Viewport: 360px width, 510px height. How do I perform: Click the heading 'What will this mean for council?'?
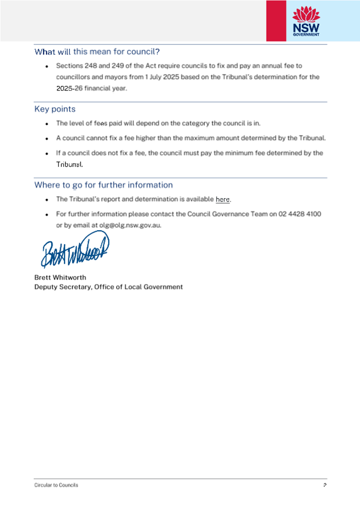[97, 52]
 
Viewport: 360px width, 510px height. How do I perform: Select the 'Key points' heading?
[55, 109]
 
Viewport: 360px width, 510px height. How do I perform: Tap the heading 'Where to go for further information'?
[103, 185]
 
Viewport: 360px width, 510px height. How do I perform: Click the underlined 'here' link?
[222, 199]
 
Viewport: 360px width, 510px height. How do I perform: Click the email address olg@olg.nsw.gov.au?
[130, 225]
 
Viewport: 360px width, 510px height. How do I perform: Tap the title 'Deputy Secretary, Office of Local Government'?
[108, 287]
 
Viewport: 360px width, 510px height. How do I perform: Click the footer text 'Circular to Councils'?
[56, 485]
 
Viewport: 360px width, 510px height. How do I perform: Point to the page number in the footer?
[324, 485]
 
